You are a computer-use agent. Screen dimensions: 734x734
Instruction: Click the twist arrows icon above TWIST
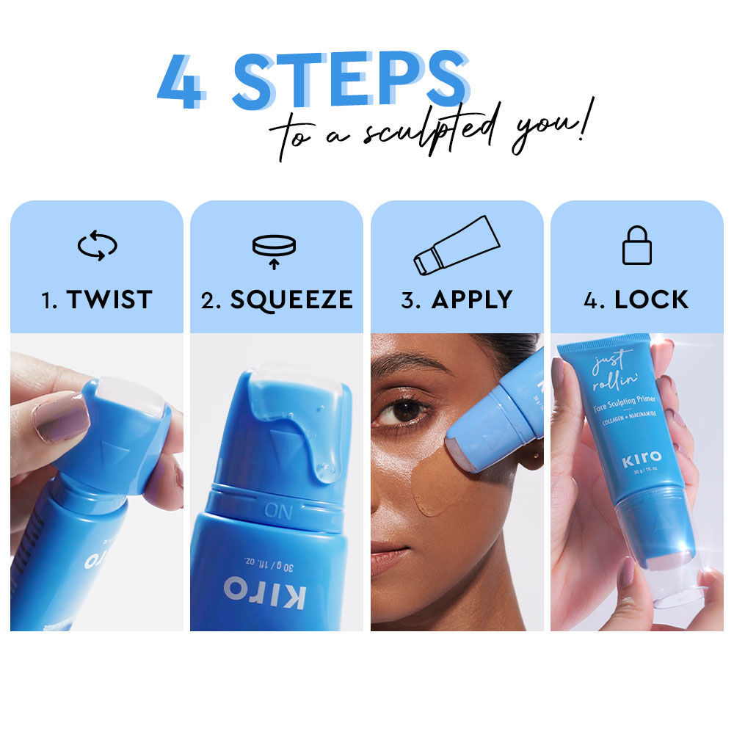(97, 247)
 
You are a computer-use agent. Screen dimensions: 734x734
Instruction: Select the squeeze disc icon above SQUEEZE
(275, 249)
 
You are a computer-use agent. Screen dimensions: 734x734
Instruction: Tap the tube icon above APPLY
(457, 245)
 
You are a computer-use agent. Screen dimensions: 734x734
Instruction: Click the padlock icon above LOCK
(636, 245)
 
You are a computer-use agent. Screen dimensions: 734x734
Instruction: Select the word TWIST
(108, 299)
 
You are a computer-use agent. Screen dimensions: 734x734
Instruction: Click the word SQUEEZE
(291, 299)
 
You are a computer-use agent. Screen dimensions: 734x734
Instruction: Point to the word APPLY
(472, 299)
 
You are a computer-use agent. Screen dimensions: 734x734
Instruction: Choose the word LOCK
(651, 299)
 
